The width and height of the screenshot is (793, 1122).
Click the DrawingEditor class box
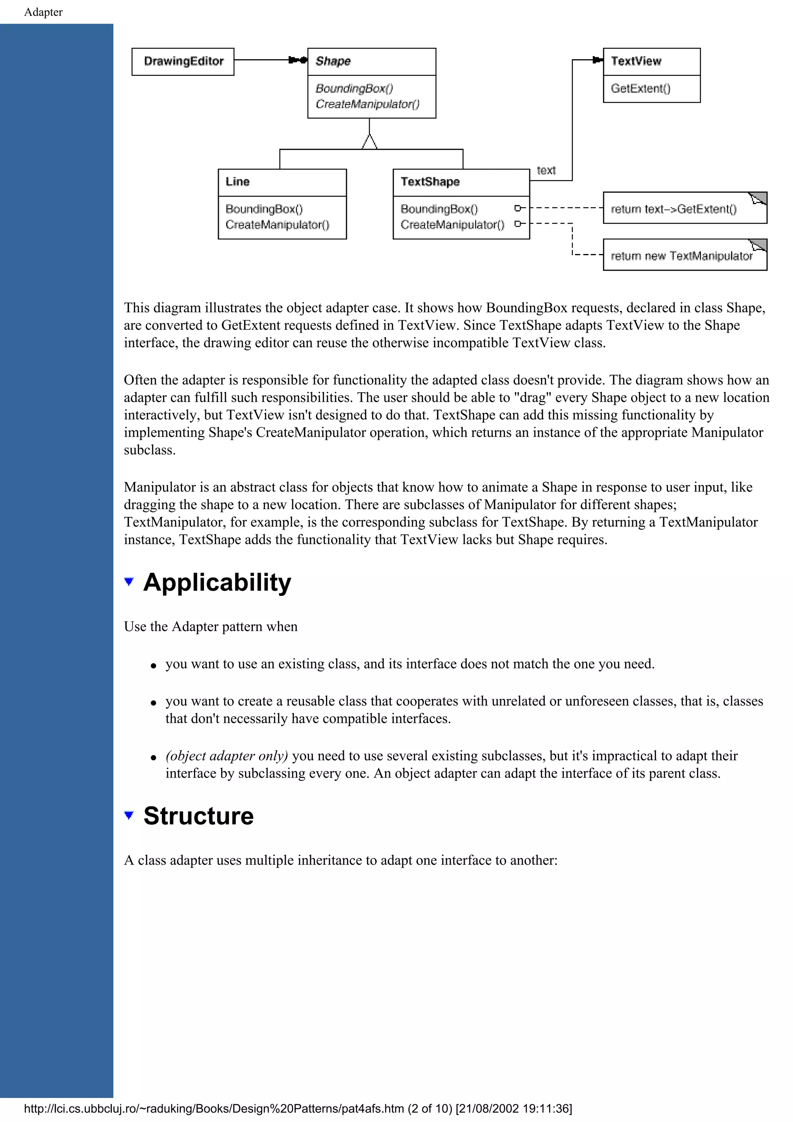183,62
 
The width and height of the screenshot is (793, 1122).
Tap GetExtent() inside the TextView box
640,88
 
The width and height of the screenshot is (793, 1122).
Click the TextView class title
636,61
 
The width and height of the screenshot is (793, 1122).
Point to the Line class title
237,182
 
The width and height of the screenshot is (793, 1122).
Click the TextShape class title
430,182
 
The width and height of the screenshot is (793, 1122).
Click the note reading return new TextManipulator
681,256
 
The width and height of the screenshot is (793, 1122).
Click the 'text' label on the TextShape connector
546,171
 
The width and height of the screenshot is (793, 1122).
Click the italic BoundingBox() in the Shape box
354,88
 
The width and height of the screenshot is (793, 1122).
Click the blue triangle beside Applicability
129,582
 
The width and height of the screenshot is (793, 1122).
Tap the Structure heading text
198,816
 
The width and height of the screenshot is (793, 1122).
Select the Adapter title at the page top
43,12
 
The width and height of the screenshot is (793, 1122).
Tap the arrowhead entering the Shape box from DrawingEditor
298,60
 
